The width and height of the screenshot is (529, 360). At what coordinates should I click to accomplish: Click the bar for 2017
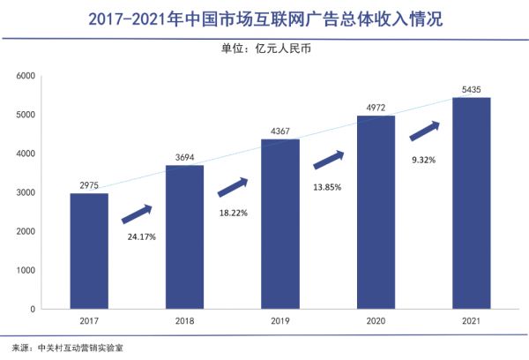click(x=89, y=251)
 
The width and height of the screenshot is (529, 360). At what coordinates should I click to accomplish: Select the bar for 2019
click(x=279, y=224)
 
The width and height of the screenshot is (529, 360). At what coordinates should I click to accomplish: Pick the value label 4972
click(x=376, y=108)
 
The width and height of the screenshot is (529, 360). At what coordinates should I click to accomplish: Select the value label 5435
click(x=471, y=89)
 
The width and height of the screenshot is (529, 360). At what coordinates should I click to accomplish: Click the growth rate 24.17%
click(x=138, y=237)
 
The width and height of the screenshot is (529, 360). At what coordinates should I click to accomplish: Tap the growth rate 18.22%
click(x=233, y=213)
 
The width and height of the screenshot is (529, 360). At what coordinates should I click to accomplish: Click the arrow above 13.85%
click(x=328, y=160)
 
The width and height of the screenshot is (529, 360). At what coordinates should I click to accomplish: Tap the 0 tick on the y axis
click(x=56, y=310)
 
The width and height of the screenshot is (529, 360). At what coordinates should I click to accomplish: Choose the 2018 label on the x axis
click(x=184, y=323)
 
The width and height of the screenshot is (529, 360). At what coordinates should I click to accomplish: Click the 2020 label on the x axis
click(x=376, y=323)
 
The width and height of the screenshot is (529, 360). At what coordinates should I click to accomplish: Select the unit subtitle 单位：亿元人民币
click(x=264, y=49)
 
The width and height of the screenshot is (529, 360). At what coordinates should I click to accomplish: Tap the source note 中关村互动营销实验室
click(x=83, y=348)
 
